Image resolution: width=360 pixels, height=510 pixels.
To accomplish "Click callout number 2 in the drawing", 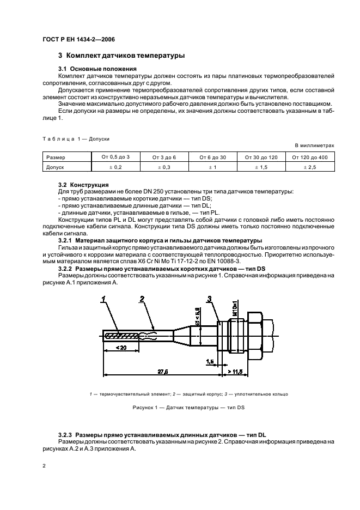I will pyautogui.click(x=142, y=298).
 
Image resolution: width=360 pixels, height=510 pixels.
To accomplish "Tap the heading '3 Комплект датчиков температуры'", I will pyautogui.click(x=121, y=56).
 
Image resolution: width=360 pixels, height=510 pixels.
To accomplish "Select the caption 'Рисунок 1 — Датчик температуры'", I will pyautogui.click(x=188, y=408).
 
